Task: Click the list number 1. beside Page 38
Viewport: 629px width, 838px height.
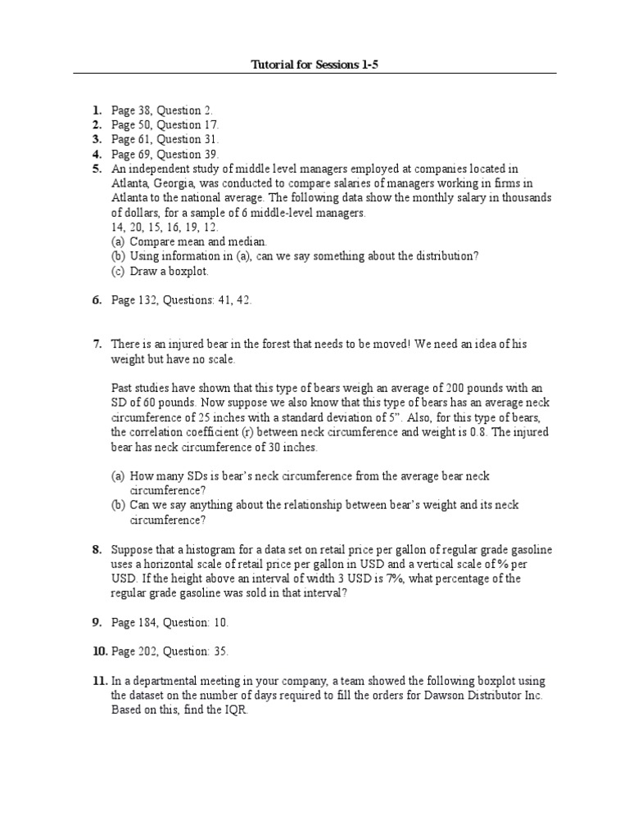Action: click(97, 110)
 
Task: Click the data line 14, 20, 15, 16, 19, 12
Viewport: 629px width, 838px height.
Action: click(164, 227)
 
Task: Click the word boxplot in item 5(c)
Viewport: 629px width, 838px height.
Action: click(189, 271)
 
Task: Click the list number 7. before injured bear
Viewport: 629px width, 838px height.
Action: click(97, 345)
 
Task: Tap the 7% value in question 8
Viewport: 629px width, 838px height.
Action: click(394, 579)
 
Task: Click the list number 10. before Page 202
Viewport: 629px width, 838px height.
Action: click(99, 652)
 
